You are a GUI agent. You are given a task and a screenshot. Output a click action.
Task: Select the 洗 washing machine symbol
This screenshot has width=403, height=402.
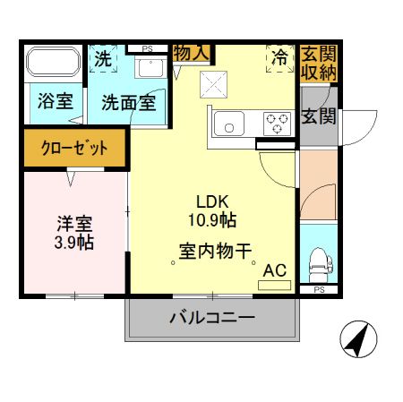click(x=103, y=61)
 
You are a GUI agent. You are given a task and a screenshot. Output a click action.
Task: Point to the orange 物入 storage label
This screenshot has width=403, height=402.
click(x=192, y=53)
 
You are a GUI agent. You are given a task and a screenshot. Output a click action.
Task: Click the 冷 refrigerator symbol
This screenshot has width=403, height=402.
click(x=280, y=59)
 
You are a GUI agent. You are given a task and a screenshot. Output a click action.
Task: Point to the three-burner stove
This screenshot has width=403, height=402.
click(x=278, y=123)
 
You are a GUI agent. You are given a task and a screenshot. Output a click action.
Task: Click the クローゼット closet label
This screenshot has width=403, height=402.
click(x=75, y=149)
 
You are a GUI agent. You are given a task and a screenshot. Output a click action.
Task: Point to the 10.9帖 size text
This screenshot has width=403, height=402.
click(x=212, y=218)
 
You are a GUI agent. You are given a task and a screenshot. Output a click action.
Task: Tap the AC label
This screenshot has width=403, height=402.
click(x=275, y=268)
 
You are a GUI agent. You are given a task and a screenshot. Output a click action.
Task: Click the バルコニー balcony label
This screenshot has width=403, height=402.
click(x=212, y=318)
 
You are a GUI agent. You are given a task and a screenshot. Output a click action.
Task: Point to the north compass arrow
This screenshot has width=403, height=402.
click(x=358, y=339)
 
